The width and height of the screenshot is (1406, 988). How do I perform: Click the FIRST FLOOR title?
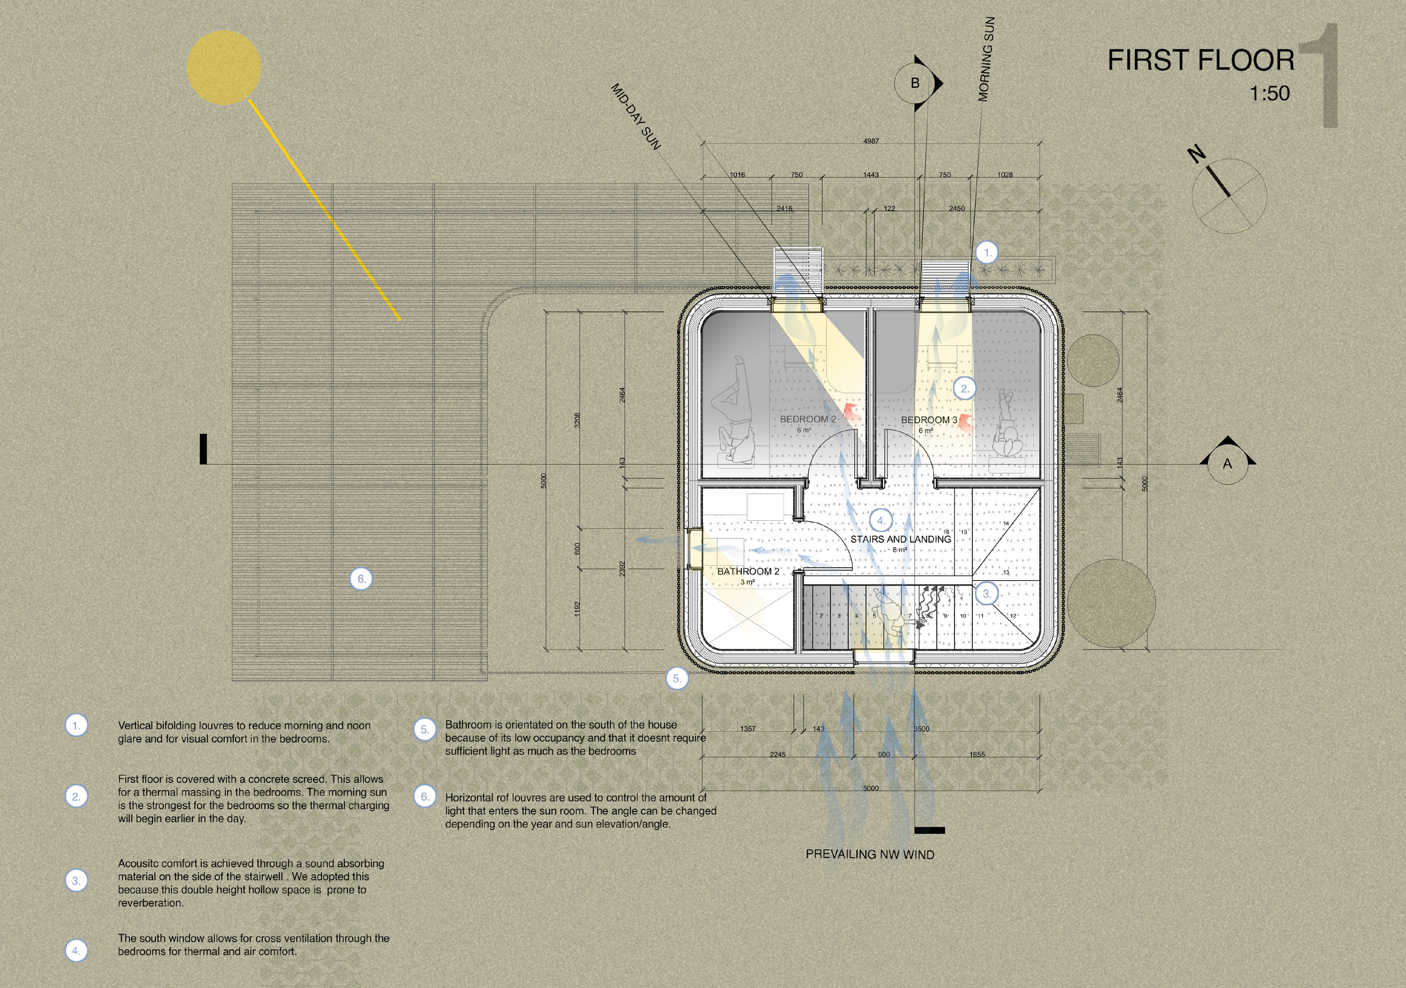tap(1201, 61)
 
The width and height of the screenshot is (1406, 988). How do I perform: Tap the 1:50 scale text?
tap(1269, 94)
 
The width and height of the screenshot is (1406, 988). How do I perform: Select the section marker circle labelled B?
tap(915, 83)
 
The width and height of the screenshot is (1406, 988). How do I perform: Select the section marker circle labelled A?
tap(1227, 464)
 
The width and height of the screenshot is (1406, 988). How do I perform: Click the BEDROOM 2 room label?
tap(807, 419)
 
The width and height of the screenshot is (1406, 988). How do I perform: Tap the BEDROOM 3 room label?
tap(929, 420)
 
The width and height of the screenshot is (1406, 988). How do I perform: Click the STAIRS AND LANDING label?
tap(900, 539)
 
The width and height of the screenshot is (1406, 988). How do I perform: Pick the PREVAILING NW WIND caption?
tap(869, 855)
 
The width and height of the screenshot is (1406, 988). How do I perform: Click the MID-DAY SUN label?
tap(636, 117)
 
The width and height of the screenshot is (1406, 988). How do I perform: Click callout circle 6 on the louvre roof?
tap(361, 579)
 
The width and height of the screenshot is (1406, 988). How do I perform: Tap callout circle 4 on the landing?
tap(881, 521)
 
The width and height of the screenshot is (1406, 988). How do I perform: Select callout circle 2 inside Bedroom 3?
tap(965, 388)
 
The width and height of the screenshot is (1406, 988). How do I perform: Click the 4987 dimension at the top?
tap(871, 141)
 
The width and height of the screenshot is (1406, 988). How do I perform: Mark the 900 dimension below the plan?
tap(884, 755)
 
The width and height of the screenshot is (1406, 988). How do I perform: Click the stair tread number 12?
tap(1013, 616)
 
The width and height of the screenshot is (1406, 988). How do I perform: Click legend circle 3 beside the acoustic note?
tap(76, 881)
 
